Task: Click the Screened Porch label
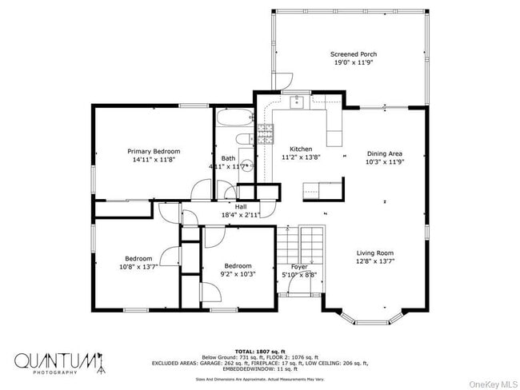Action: tap(354, 54)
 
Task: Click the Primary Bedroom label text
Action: tap(154, 151)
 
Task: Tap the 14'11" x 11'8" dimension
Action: tap(154, 160)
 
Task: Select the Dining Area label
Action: tap(384, 153)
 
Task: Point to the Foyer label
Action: tap(298, 267)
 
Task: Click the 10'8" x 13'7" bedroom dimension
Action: tap(138, 268)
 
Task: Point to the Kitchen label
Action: tap(301, 149)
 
